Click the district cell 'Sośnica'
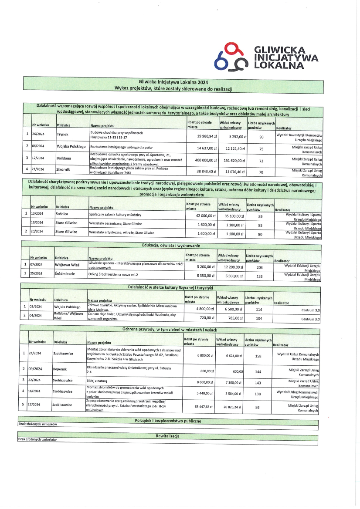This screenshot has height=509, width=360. click(62, 215)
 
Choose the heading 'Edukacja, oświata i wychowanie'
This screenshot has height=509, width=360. click(171, 246)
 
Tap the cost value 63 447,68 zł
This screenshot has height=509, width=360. click(199, 407)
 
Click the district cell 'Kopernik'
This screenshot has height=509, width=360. click(60, 369)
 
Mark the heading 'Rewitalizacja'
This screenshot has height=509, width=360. click(167, 436)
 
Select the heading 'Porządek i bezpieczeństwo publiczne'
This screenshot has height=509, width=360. click(168, 421)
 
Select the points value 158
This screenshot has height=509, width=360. click(258, 356)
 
